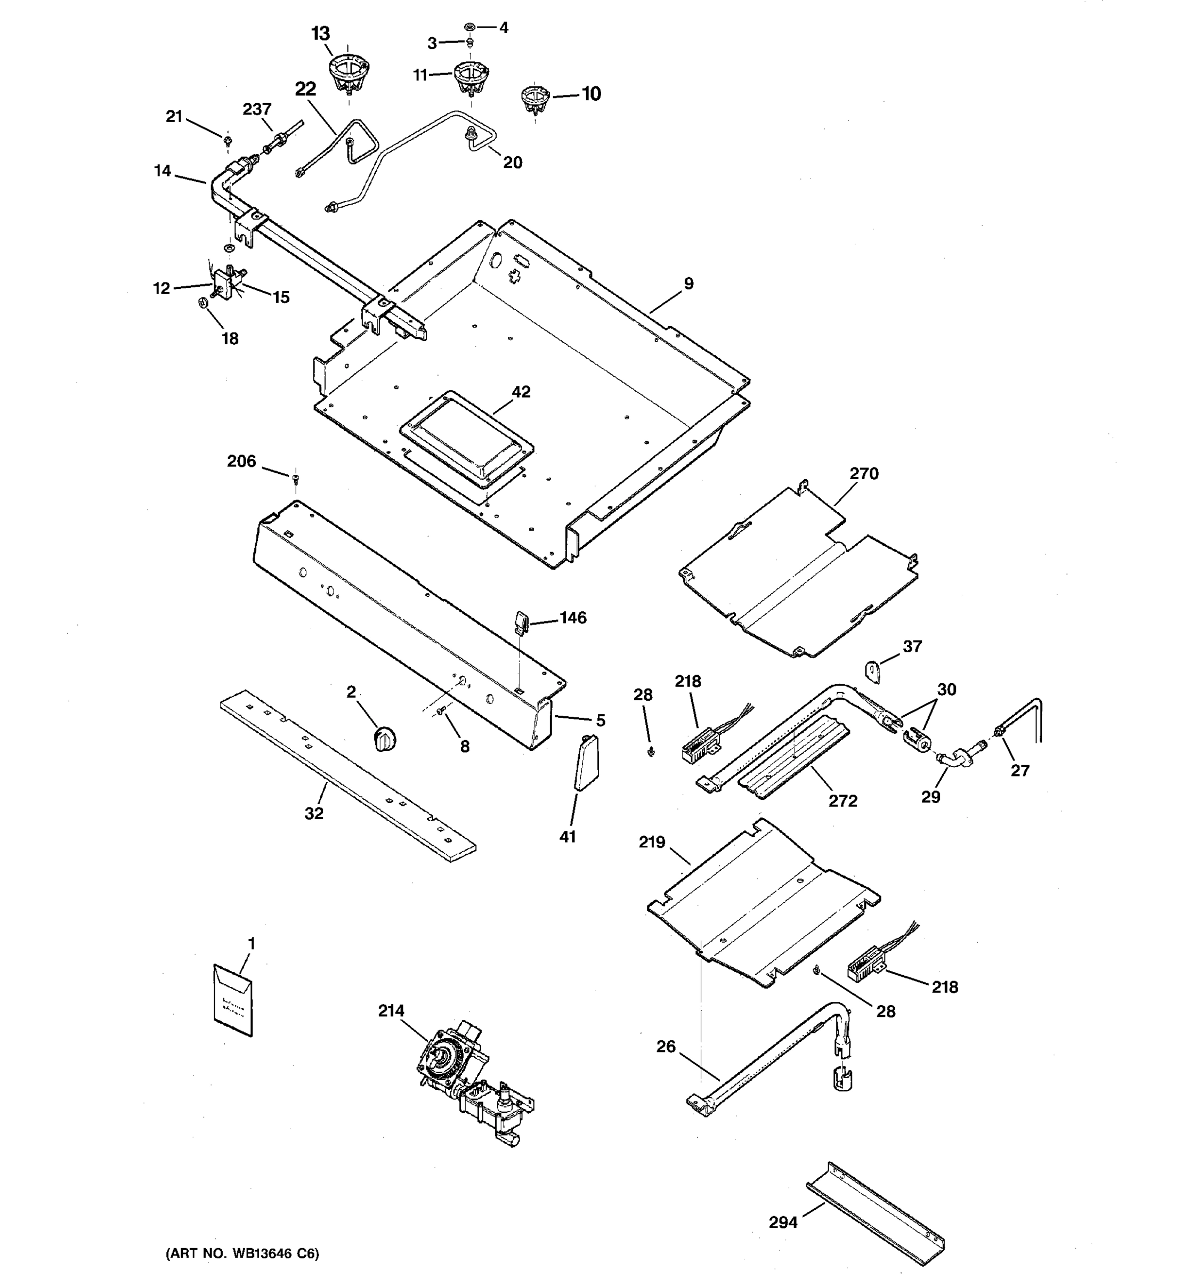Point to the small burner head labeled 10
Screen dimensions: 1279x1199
point(534,99)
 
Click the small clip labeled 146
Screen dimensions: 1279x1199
point(521,621)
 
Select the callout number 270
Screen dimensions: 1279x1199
point(863,474)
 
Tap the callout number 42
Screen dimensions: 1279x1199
point(521,392)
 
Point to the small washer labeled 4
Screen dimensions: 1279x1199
point(469,27)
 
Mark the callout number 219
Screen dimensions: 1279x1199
point(652,842)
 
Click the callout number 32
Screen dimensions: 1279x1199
point(314,813)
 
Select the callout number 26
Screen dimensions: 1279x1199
point(666,1047)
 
